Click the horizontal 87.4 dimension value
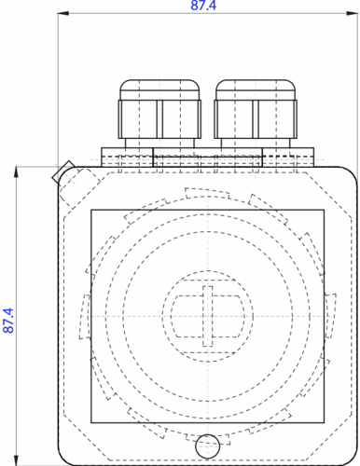(203, 6)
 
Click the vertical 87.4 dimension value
(8, 321)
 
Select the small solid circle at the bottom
(207, 446)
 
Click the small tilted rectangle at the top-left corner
(63, 171)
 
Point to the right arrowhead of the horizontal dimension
(353, 13)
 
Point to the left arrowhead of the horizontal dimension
(63, 13)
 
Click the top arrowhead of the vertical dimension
(16, 172)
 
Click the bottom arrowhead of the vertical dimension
(16, 460)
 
